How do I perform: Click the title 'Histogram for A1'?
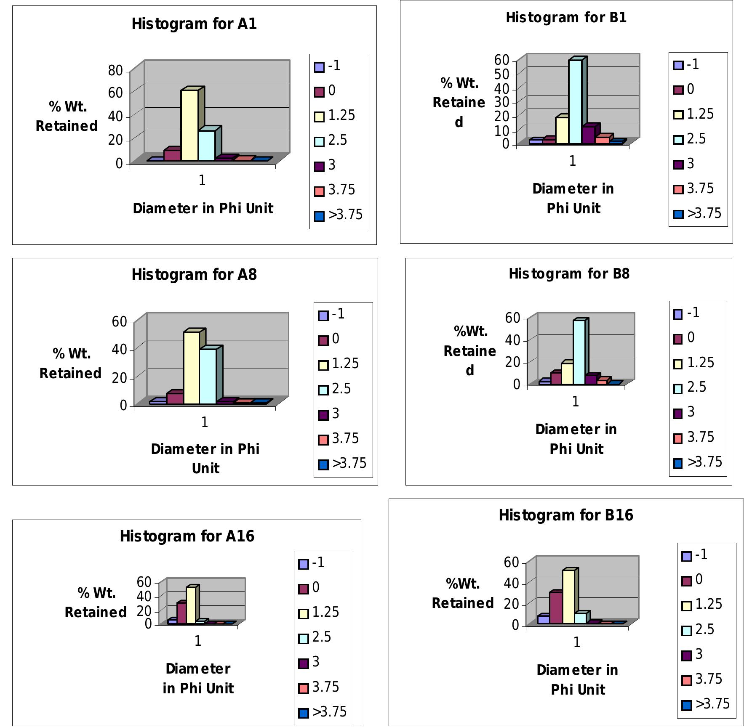194,24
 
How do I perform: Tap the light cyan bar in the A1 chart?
206,145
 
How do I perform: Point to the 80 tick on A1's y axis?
115,71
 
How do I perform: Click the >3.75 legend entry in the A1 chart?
339,215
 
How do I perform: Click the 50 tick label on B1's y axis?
501,74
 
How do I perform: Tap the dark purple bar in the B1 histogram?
588,135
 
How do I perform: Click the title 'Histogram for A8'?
194,275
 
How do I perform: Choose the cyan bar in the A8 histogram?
208,376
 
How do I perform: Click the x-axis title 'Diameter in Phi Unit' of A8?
205,458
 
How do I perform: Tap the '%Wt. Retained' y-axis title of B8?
470,350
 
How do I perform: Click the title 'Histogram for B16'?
566,515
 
